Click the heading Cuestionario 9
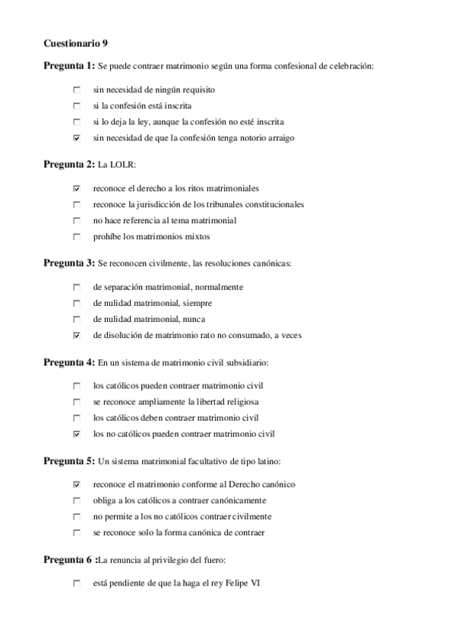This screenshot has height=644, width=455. tap(75, 44)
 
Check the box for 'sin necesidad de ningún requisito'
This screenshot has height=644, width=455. tap(77, 90)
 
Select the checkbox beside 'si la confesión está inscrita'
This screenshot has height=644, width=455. tap(77, 106)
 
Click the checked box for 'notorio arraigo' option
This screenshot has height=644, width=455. tap(77, 138)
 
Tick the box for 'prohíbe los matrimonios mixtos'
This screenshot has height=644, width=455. tap(77, 237)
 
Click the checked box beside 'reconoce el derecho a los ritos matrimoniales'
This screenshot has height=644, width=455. tap(77, 188)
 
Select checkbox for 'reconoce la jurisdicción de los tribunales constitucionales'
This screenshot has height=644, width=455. tap(77, 204)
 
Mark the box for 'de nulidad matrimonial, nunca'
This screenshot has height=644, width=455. tap(77, 319)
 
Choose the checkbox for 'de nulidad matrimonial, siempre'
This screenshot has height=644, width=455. tap(77, 303)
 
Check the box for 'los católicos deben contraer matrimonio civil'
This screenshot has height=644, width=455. tap(77, 418)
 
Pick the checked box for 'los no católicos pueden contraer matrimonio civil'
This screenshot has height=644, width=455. tap(77, 434)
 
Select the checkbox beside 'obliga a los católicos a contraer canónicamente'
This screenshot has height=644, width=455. tap(77, 500)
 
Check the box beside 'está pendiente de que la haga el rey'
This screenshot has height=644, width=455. tap(77, 583)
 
